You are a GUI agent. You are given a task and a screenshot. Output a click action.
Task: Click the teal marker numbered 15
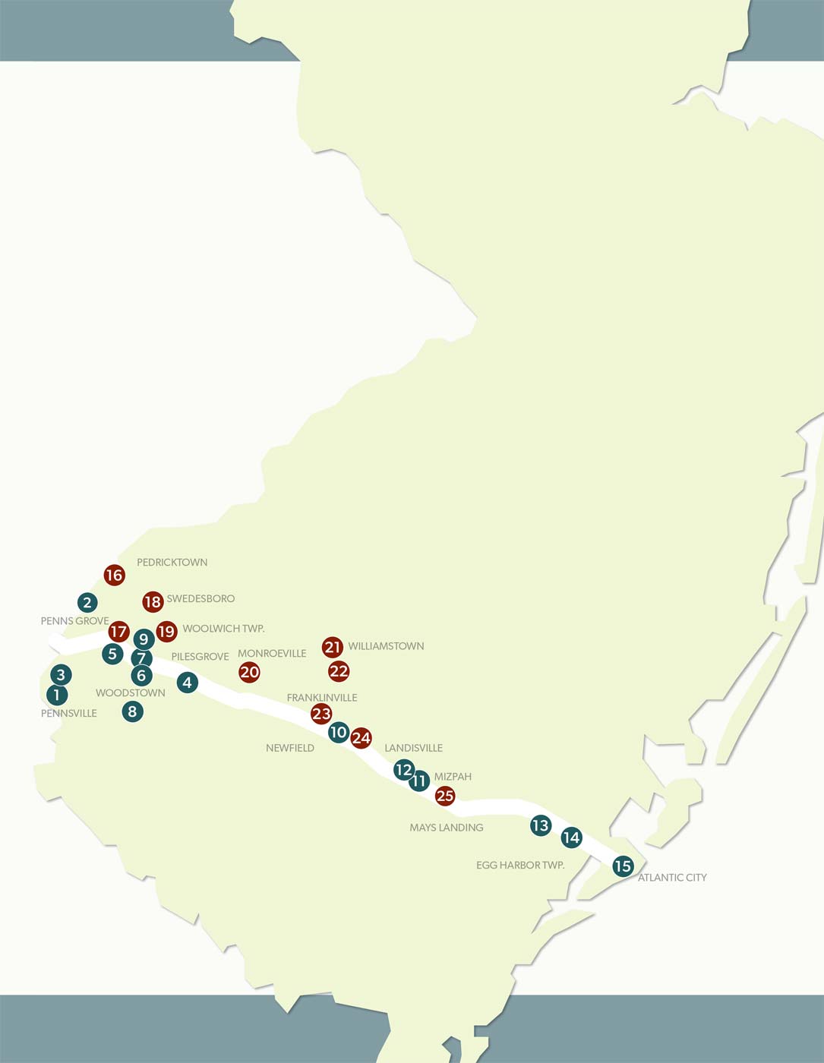(x=623, y=866)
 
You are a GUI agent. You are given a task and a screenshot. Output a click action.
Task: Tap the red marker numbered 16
(x=114, y=575)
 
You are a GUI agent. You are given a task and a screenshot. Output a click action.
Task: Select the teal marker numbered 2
(x=87, y=603)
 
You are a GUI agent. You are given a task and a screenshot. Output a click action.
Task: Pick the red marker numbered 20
(x=249, y=672)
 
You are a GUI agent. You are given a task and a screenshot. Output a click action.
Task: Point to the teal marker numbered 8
(x=133, y=711)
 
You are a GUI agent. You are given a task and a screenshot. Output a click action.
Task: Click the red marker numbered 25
(x=445, y=796)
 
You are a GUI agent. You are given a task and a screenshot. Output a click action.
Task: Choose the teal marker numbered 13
(x=540, y=825)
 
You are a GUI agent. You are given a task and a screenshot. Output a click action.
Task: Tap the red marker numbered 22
(x=339, y=671)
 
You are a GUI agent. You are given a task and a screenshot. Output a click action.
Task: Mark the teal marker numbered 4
(x=188, y=683)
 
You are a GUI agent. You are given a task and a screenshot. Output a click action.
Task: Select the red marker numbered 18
(x=153, y=602)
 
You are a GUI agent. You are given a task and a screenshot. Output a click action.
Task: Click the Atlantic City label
(x=672, y=878)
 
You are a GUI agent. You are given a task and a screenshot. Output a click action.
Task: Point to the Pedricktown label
(x=172, y=563)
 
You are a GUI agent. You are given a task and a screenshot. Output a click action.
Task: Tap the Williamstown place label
(x=386, y=646)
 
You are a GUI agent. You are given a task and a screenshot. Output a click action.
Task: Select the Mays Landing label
(x=447, y=828)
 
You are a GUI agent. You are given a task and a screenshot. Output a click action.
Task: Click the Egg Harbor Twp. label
(x=520, y=865)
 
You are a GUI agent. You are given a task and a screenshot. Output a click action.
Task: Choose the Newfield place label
(x=290, y=748)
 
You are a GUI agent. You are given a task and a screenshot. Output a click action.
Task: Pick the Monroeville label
(x=272, y=653)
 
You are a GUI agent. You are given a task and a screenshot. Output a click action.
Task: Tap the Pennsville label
(x=69, y=713)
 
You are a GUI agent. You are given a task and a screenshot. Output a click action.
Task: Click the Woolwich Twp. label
(x=223, y=629)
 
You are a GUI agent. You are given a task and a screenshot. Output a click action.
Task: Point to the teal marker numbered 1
(x=57, y=694)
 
